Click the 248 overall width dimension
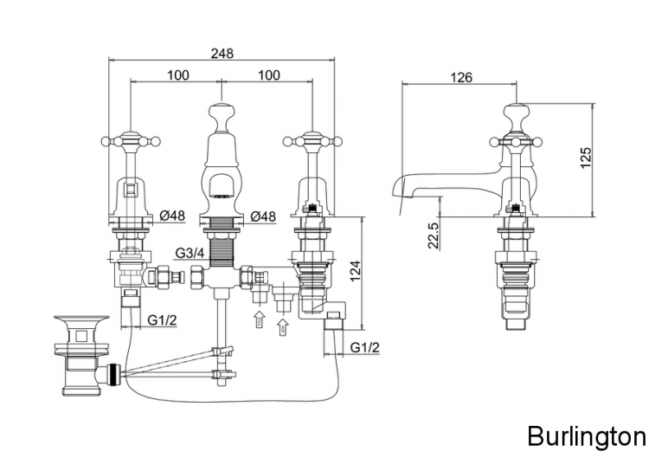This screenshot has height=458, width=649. [x=222, y=53]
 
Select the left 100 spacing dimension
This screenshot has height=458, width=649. [x=177, y=75]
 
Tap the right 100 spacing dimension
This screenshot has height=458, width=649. [x=269, y=75]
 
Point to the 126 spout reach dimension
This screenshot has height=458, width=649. [x=461, y=77]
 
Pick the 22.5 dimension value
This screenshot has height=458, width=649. [x=434, y=235]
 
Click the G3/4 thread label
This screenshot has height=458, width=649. [x=189, y=253]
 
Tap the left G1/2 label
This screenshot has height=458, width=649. [x=161, y=320]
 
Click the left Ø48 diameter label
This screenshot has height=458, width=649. [x=174, y=216]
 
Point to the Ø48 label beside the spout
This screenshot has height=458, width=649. [x=262, y=216]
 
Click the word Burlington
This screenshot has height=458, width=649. [x=586, y=434]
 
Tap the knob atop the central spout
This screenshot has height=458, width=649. [x=221, y=113]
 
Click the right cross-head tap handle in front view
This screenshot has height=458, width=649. [x=312, y=138]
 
